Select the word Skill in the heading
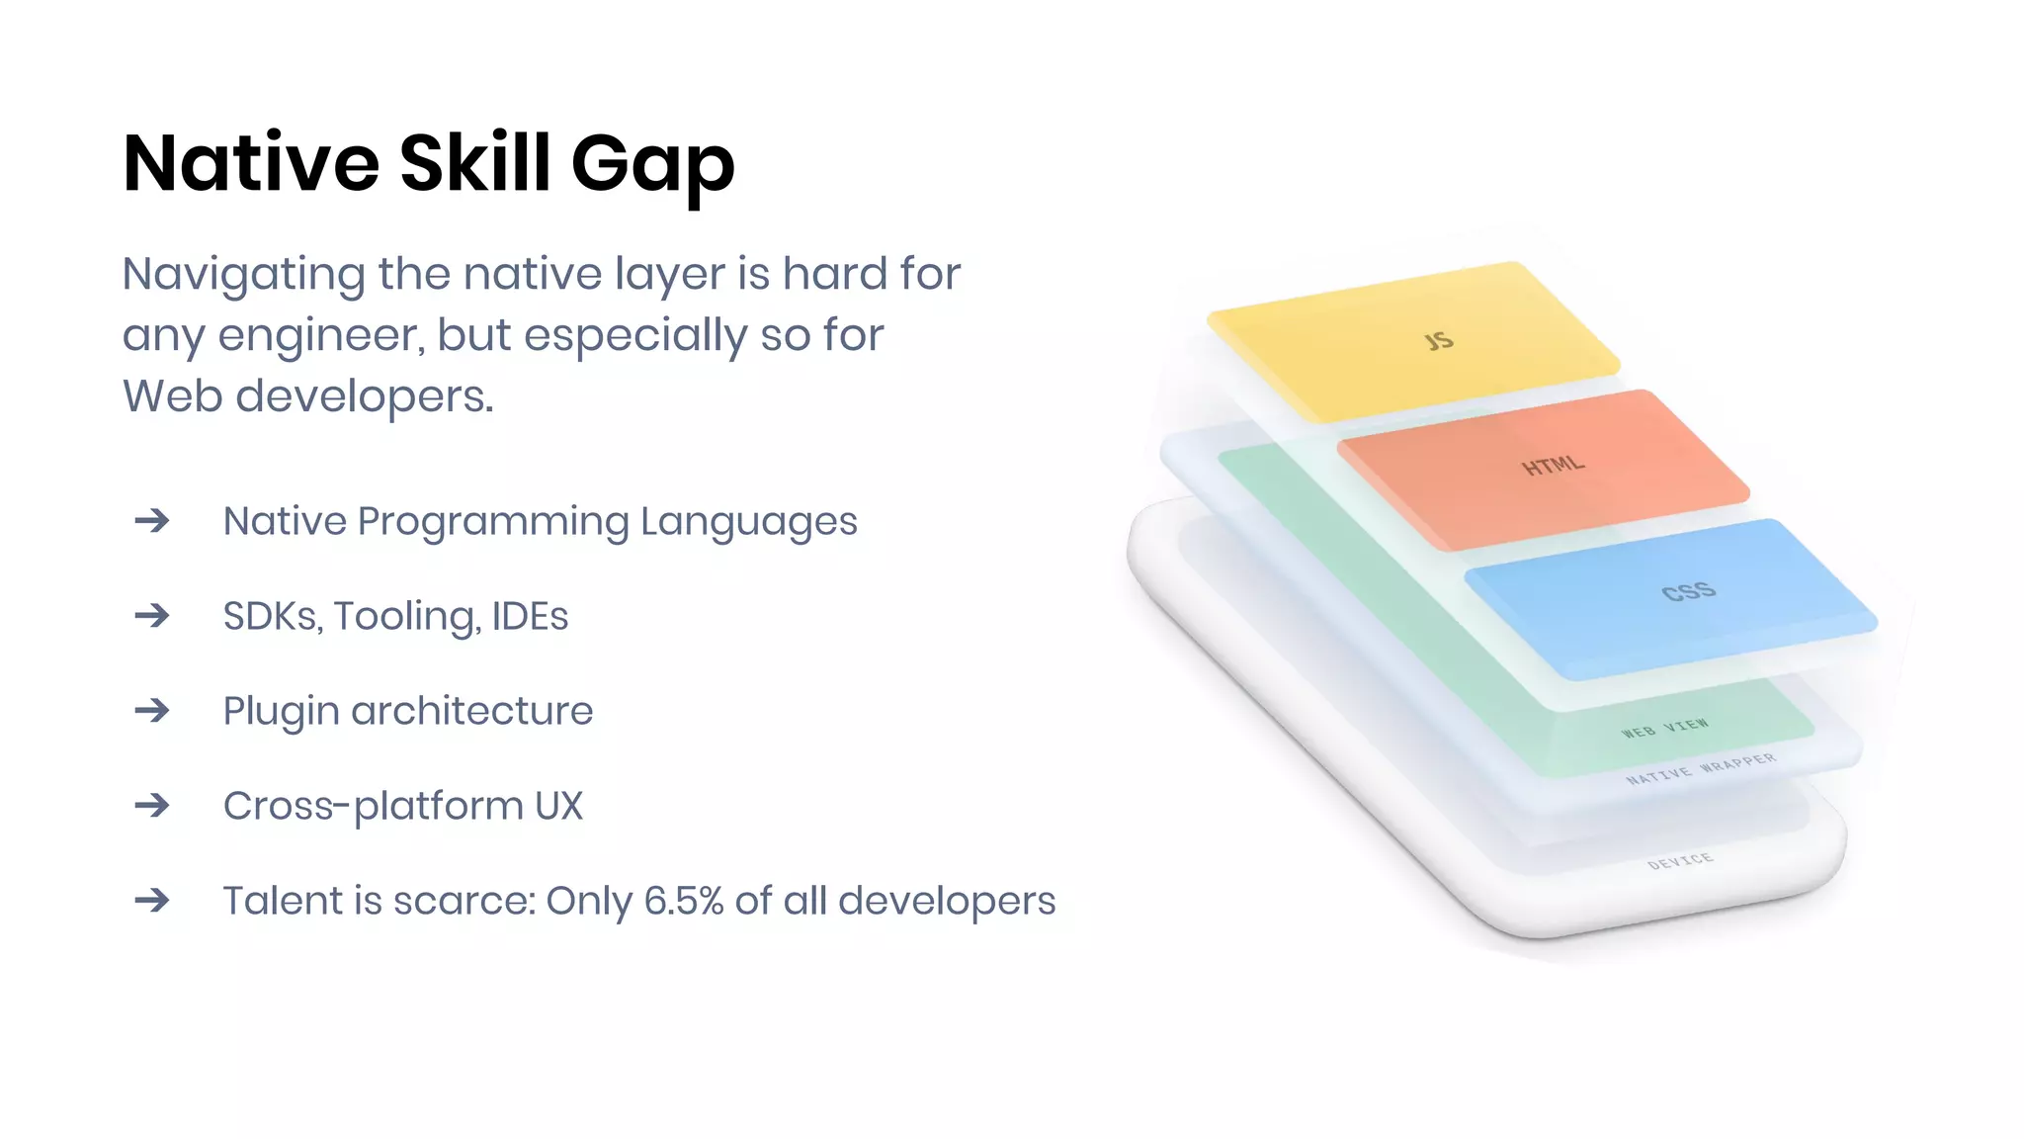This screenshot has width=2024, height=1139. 474,162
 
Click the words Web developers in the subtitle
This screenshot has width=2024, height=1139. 307,396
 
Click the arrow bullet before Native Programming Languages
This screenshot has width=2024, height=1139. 152,520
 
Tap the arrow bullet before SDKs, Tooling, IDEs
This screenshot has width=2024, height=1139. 152,615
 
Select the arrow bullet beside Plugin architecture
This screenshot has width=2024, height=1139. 152,710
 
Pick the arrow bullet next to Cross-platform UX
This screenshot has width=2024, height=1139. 152,805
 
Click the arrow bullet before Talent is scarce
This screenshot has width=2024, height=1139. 152,900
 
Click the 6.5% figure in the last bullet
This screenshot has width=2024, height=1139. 684,901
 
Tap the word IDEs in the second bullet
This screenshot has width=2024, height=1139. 530,616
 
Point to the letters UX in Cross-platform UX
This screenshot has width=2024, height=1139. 558,806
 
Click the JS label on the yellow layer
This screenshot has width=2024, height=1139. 1439,341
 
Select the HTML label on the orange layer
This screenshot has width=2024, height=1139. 1553,465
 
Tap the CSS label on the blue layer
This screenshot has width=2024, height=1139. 1688,592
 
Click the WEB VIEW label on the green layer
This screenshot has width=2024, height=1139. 1664,729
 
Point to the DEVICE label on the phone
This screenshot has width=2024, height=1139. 1680,861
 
